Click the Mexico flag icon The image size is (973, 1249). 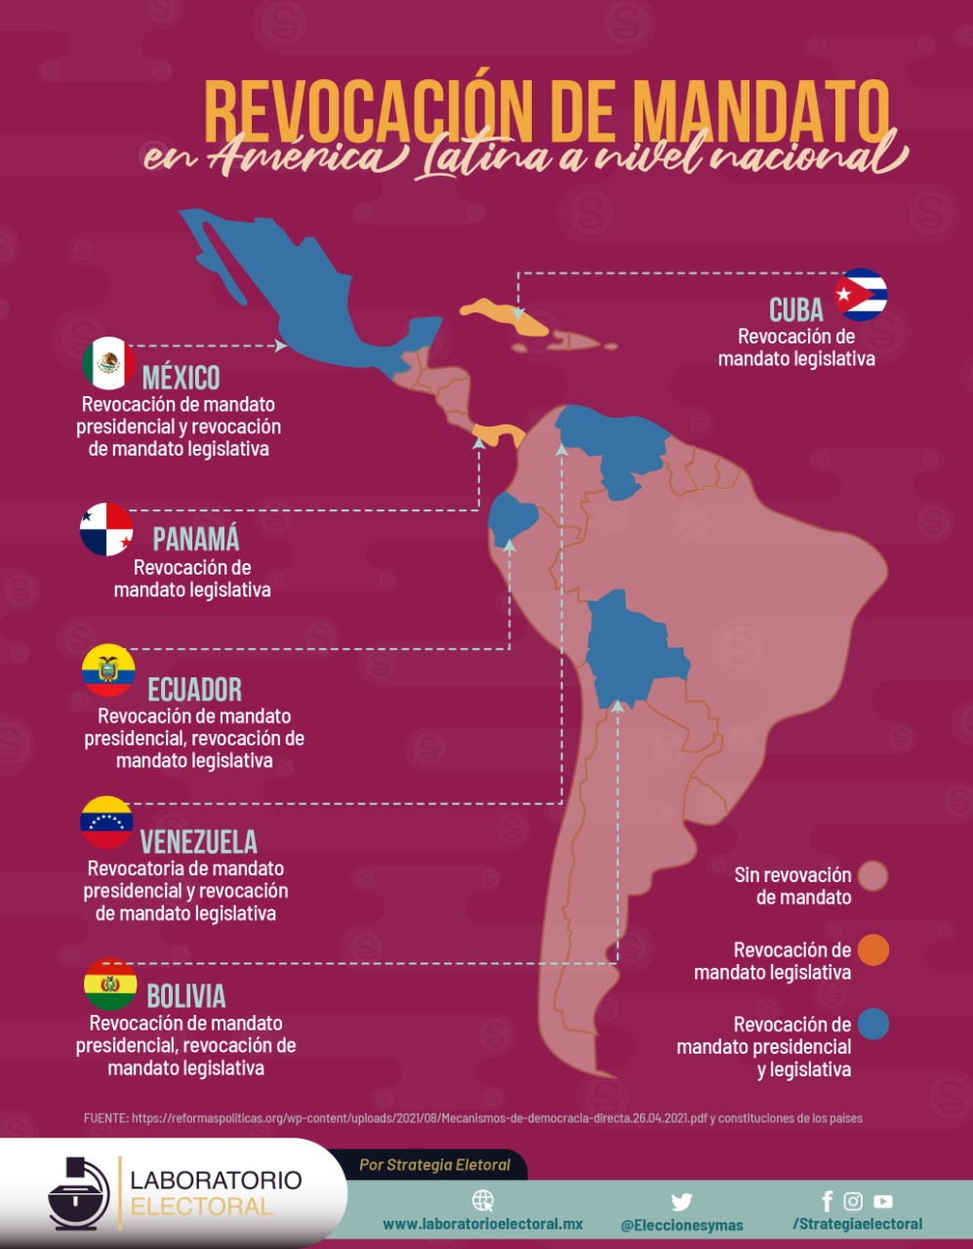tap(109, 363)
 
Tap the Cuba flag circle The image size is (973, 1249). tap(861, 295)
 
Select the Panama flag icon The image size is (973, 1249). tap(106, 530)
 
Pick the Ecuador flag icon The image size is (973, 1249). tap(108, 670)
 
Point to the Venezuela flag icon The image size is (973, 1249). tap(106, 823)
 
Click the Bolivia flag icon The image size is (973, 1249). tap(110, 985)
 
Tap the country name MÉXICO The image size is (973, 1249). tap(181, 378)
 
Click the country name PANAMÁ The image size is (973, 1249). tap(195, 540)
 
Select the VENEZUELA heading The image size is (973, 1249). tap(199, 842)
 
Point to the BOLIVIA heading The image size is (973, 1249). tap(185, 996)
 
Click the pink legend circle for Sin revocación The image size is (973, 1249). tap(873, 875)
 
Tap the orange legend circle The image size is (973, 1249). tap(873, 949)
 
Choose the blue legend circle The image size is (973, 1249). tap(873, 1025)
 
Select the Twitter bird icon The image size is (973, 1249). tap(681, 1201)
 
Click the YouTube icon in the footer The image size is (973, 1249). tap(883, 1202)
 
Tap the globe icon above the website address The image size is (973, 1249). tap(482, 1200)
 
